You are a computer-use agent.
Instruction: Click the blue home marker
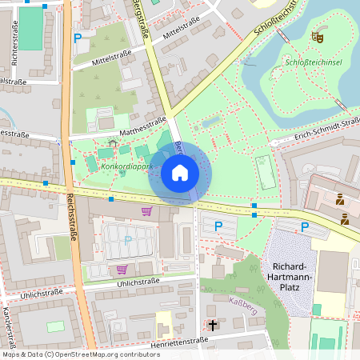(x=179, y=173)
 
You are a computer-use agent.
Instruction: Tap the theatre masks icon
(x=317, y=36)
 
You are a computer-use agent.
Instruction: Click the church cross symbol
(x=213, y=326)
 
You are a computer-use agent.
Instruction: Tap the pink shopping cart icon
(x=146, y=211)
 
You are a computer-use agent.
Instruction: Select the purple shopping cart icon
(x=122, y=270)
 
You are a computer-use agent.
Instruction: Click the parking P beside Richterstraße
(x=78, y=37)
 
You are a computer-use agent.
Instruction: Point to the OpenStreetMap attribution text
(x=81, y=354)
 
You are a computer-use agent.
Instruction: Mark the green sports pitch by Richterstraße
(x=30, y=28)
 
